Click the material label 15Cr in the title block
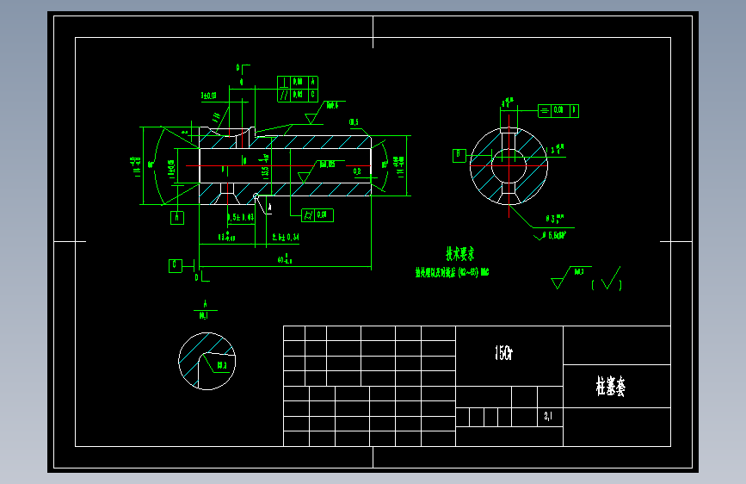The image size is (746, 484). click(x=503, y=353)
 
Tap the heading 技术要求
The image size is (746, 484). click(x=459, y=254)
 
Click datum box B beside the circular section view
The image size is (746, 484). click(x=460, y=155)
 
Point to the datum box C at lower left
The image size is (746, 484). click(x=176, y=265)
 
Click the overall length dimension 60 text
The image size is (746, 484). click(x=284, y=259)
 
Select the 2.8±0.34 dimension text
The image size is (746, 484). click(x=286, y=236)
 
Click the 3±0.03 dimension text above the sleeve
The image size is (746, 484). click(x=208, y=96)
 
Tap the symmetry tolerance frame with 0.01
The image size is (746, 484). click(x=558, y=110)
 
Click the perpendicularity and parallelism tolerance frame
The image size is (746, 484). click(x=298, y=88)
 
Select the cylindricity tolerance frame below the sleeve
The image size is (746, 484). click(x=317, y=214)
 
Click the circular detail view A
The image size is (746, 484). click(x=207, y=360)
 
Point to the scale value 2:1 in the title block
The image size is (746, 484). click(x=549, y=418)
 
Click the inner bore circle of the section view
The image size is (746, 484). click(x=509, y=164)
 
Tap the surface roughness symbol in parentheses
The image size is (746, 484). click(x=610, y=279)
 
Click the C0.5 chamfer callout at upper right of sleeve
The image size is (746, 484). click(x=354, y=122)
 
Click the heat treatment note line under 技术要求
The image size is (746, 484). click(x=453, y=272)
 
